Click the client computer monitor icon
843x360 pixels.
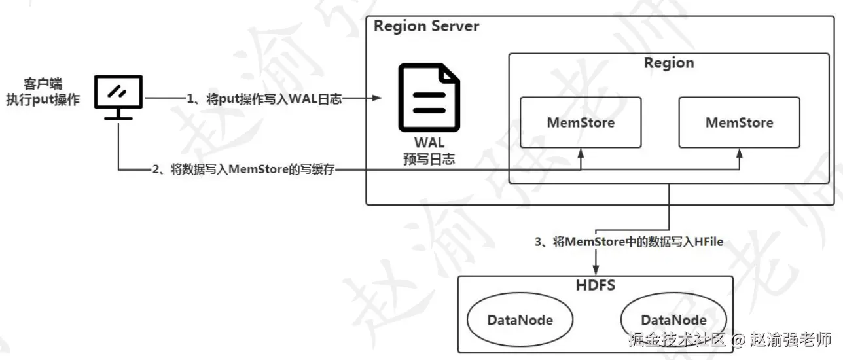pos(118,97)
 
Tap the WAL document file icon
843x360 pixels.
pos(429,98)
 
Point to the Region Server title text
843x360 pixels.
pos(426,26)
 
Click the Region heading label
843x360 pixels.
pos(669,63)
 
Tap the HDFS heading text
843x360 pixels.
pos(596,285)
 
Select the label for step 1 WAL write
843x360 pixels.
pos(264,99)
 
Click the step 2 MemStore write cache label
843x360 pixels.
pos(243,170)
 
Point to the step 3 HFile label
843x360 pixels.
pos(629,242)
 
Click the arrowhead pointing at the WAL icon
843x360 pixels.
pos(376,98)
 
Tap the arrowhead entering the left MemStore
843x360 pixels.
pos(581,153)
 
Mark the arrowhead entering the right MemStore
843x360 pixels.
pos(739,153)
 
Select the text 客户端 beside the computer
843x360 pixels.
pos(43,84)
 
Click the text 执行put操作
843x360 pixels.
pos(43,99)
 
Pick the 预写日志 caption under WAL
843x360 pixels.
pos(429,159)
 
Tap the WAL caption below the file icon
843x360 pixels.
pos(429,143)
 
